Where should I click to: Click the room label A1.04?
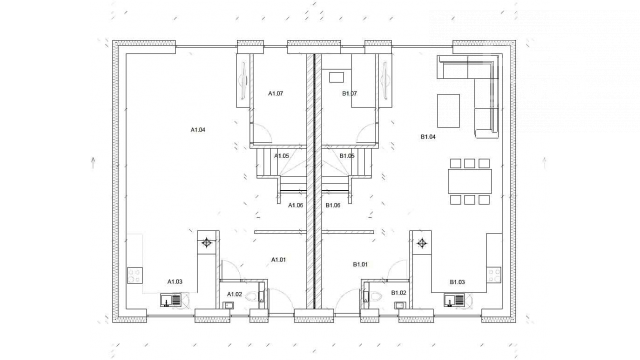click(x=198, y=130)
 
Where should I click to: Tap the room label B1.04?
click(x=428, y=137)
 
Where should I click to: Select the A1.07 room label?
click(x=276, y=93)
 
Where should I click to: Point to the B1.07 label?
click(x=349, y=93)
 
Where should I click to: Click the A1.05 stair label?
click(x=282, y=156)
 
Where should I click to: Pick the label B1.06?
click(x=333, y=205)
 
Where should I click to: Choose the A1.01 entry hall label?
click(x=279, y=260)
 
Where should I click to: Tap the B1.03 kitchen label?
click(x=458, y=282)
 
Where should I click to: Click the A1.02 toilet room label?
click(x=235, y=294)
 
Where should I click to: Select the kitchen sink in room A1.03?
click(x=171, y=300)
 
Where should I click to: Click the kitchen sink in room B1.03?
click(x=454, y=300)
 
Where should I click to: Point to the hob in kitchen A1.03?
click(x=135, y=276)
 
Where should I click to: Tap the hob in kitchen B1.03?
click(x=493, y=276)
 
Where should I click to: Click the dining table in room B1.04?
click(x=470, y=181)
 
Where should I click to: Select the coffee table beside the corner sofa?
click(x=449, y=111)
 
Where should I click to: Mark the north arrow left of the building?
click(x=93, y=162)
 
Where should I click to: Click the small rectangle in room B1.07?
click(x=336, y=78)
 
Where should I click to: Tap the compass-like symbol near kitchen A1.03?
click(x=207, y=243)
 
